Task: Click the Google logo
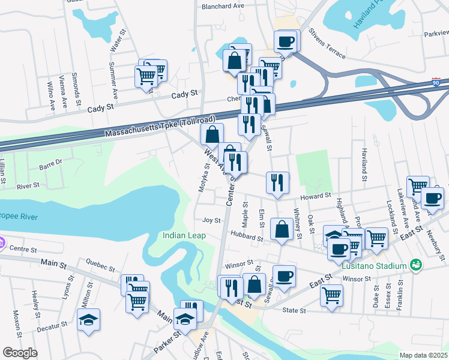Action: pos(20,353)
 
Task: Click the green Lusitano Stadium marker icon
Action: pos(415,265)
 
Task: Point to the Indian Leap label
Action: pos(184,236)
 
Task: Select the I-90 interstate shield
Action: pos(436,82)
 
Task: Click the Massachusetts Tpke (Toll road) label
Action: pos(160,127)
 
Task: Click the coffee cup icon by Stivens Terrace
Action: pos(286,42)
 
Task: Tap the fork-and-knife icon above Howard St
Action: pos(277,182)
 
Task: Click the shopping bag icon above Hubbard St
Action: pos(282,229)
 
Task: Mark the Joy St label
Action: pos(208,221)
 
